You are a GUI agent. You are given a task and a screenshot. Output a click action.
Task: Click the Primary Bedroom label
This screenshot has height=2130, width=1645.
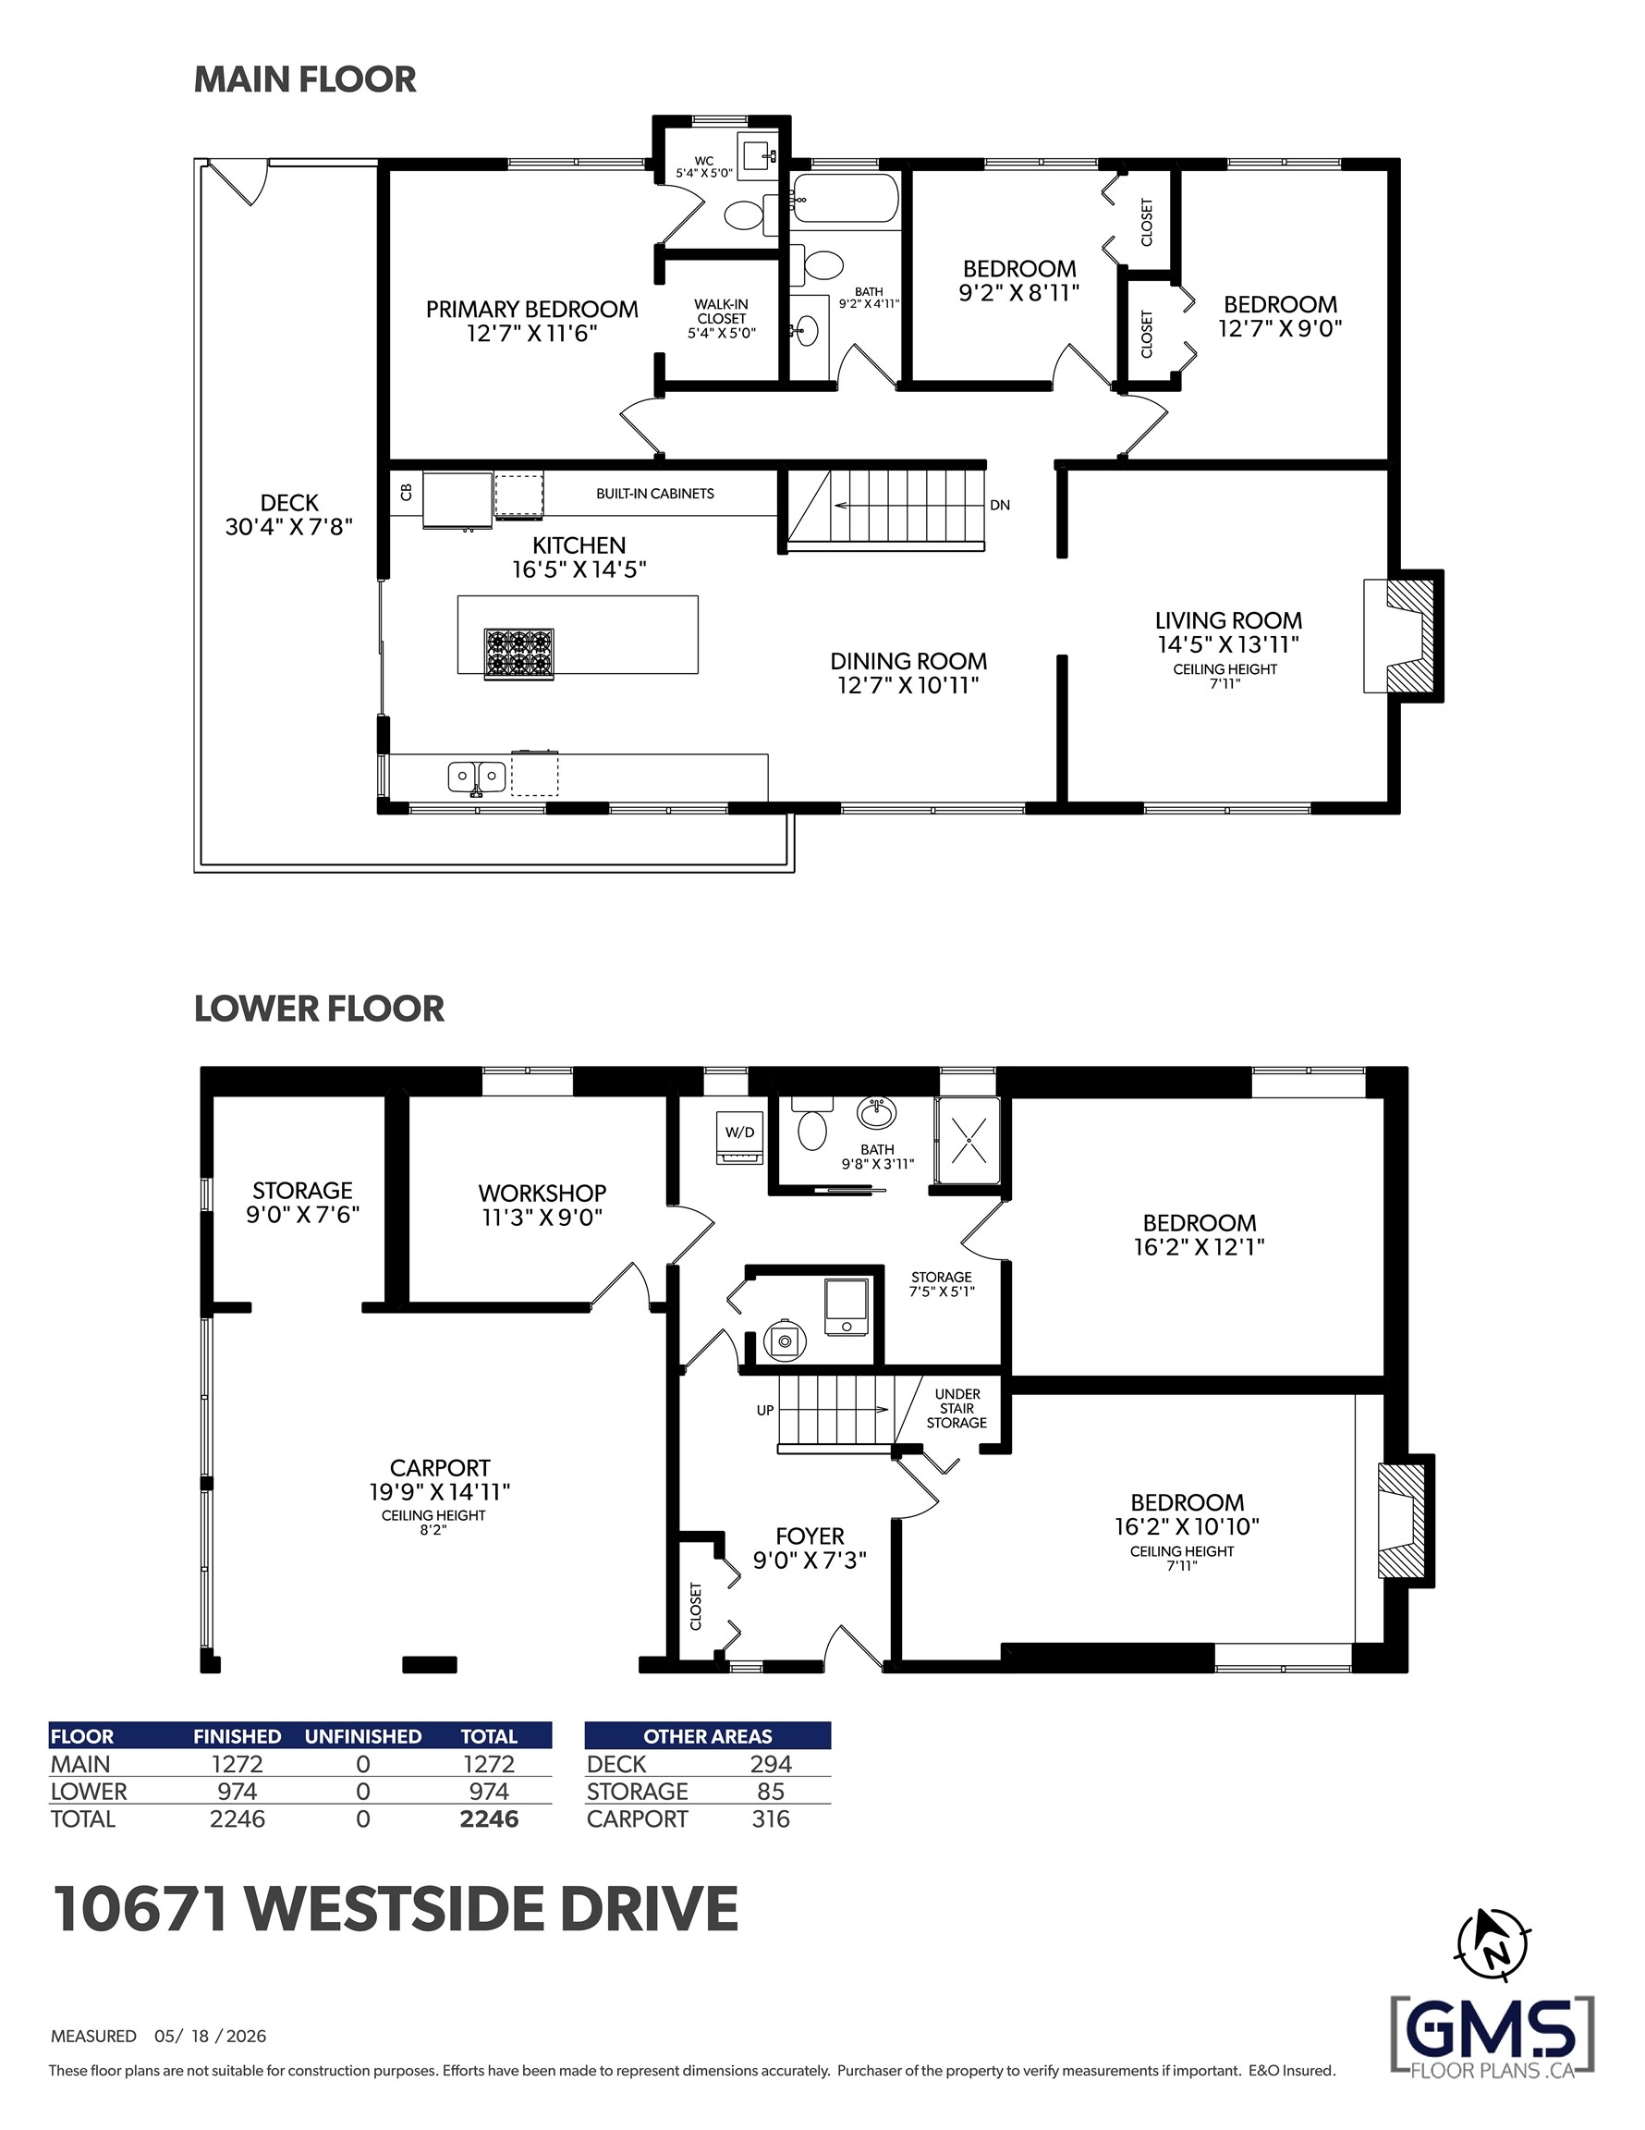point(531,309)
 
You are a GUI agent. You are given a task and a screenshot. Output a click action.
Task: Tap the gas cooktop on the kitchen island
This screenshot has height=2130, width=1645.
point(518,654)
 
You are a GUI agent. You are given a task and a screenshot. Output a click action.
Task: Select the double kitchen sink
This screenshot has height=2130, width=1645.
point(477,777)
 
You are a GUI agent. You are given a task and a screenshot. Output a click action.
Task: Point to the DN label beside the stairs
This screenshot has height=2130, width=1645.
point(1000,505)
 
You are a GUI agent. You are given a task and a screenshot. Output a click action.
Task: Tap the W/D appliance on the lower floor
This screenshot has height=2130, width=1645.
point(740,1137)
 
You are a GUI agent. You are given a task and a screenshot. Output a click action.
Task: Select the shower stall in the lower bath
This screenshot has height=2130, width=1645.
point(968,1140)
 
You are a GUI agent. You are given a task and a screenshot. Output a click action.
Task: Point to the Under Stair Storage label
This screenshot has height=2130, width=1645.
point(957,1408)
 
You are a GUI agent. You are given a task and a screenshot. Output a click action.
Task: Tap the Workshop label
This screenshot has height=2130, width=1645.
point(542,1193)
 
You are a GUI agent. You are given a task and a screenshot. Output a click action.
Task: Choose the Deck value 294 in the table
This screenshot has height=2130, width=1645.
point(771,1763)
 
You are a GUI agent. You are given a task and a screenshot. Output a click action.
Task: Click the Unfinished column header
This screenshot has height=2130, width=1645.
point(363,1736)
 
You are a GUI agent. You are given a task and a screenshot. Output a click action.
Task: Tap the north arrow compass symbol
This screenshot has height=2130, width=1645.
point(1492,1944)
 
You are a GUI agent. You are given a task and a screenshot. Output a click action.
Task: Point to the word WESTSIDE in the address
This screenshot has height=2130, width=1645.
point(393,1909)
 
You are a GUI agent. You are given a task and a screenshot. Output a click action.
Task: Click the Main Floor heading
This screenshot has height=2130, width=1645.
point(305,79)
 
